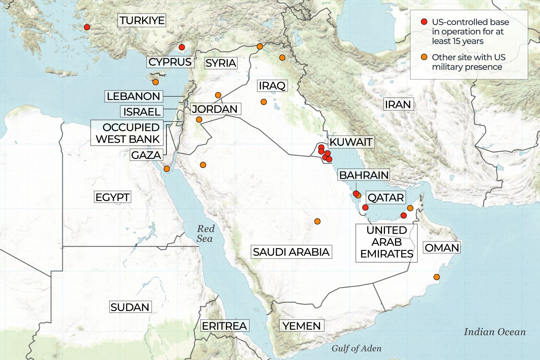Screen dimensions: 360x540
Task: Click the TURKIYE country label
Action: coord(142,20)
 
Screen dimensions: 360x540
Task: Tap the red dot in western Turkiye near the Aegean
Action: coord(87,27)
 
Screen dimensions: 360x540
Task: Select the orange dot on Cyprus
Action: coord(155,82)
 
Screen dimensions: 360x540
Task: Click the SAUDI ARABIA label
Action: coord(291,252)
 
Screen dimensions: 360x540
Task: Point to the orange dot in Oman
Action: coord(436,277)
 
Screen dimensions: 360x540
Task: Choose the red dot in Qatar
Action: coord(365,207)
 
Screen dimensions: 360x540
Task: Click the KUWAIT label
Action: coord(351,142)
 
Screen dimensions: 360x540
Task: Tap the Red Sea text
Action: coord(205,234)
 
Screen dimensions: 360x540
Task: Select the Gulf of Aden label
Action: coord(356,348)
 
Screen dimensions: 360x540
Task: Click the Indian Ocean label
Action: coord(495,332)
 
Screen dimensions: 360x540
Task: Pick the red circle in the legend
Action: coord(424,22)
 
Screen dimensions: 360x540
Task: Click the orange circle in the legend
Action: coord(424,57)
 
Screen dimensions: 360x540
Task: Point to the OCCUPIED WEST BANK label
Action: coord(128,133)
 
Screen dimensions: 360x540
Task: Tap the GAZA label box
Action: coord(146,155)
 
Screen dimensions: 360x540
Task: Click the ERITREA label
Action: coord(224,326)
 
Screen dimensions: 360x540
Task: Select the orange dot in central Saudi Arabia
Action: coord(317,221)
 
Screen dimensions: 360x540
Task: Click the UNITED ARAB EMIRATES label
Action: coord(387,242)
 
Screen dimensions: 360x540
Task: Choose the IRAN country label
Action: coord(398,105)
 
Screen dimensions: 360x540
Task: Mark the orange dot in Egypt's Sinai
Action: coord(167,169)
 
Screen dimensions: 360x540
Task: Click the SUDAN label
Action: coord(130,307)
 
